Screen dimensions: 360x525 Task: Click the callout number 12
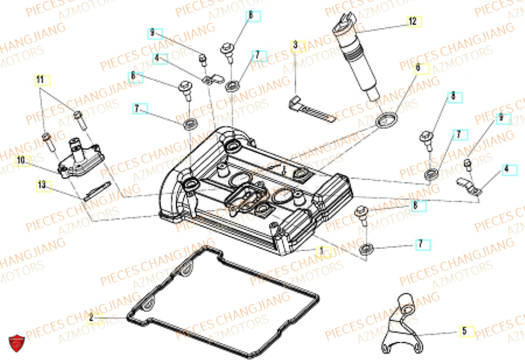pyautogui.click(x=413, y=22)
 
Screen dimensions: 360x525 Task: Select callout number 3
pyautogui.click(x=296, y=46)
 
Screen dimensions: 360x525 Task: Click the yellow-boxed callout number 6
pyautogui.click(x=418, y=68)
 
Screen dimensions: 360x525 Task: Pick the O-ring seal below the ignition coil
pyautogui.click(x=386, y=121)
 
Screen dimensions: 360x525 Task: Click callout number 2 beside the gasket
pyautogui.click(x=91, y=317)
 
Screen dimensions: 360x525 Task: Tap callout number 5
pyautogui.click(x=464, y=331)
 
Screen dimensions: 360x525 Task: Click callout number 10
pyautogui.click(x=21, y=160)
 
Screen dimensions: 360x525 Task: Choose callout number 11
pyautogui.click(x=40, y=80)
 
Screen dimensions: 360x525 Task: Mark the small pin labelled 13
pyautogui.click(x=96, y=190)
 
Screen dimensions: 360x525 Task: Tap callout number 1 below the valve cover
pyautogui.click(x=323, y=251)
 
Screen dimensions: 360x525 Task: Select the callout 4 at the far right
pyautogui.click(x=506, y=170)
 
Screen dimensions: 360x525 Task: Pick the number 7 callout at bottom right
pyautogui.click(x=420, y=244)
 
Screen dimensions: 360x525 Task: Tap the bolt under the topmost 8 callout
pyautogui.click(x=229, y=50)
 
